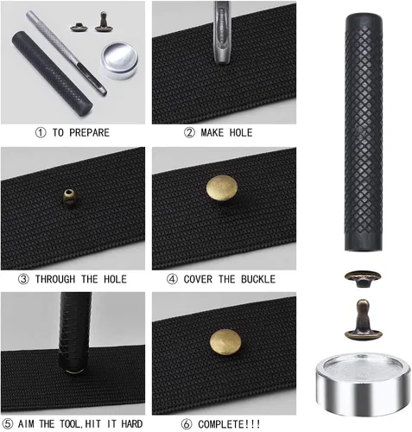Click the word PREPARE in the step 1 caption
[x=89, y=132]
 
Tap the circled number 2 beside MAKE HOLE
[x=189, y=132]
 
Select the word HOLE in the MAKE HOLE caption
[x=241, y=132]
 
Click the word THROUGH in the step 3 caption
[x=55, y=279]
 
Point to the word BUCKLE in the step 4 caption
[x=258, y=279]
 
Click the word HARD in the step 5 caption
[x=132, y=424]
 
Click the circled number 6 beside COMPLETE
[x=187, y=424]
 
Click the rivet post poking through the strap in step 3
[x=69, y=196]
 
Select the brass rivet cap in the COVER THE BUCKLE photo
[x=222, y=188]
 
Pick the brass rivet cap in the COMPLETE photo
[x=225, y=341]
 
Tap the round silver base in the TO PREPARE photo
[x=119, y=60]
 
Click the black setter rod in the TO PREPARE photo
[x=52, y=73]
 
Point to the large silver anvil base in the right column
[x=364, y=384]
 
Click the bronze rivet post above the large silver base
[x=364, y=320]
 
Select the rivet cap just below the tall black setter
[x=363, y=278]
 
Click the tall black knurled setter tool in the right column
[x=364, y=132]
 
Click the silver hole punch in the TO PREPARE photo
[x=67, y=53]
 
